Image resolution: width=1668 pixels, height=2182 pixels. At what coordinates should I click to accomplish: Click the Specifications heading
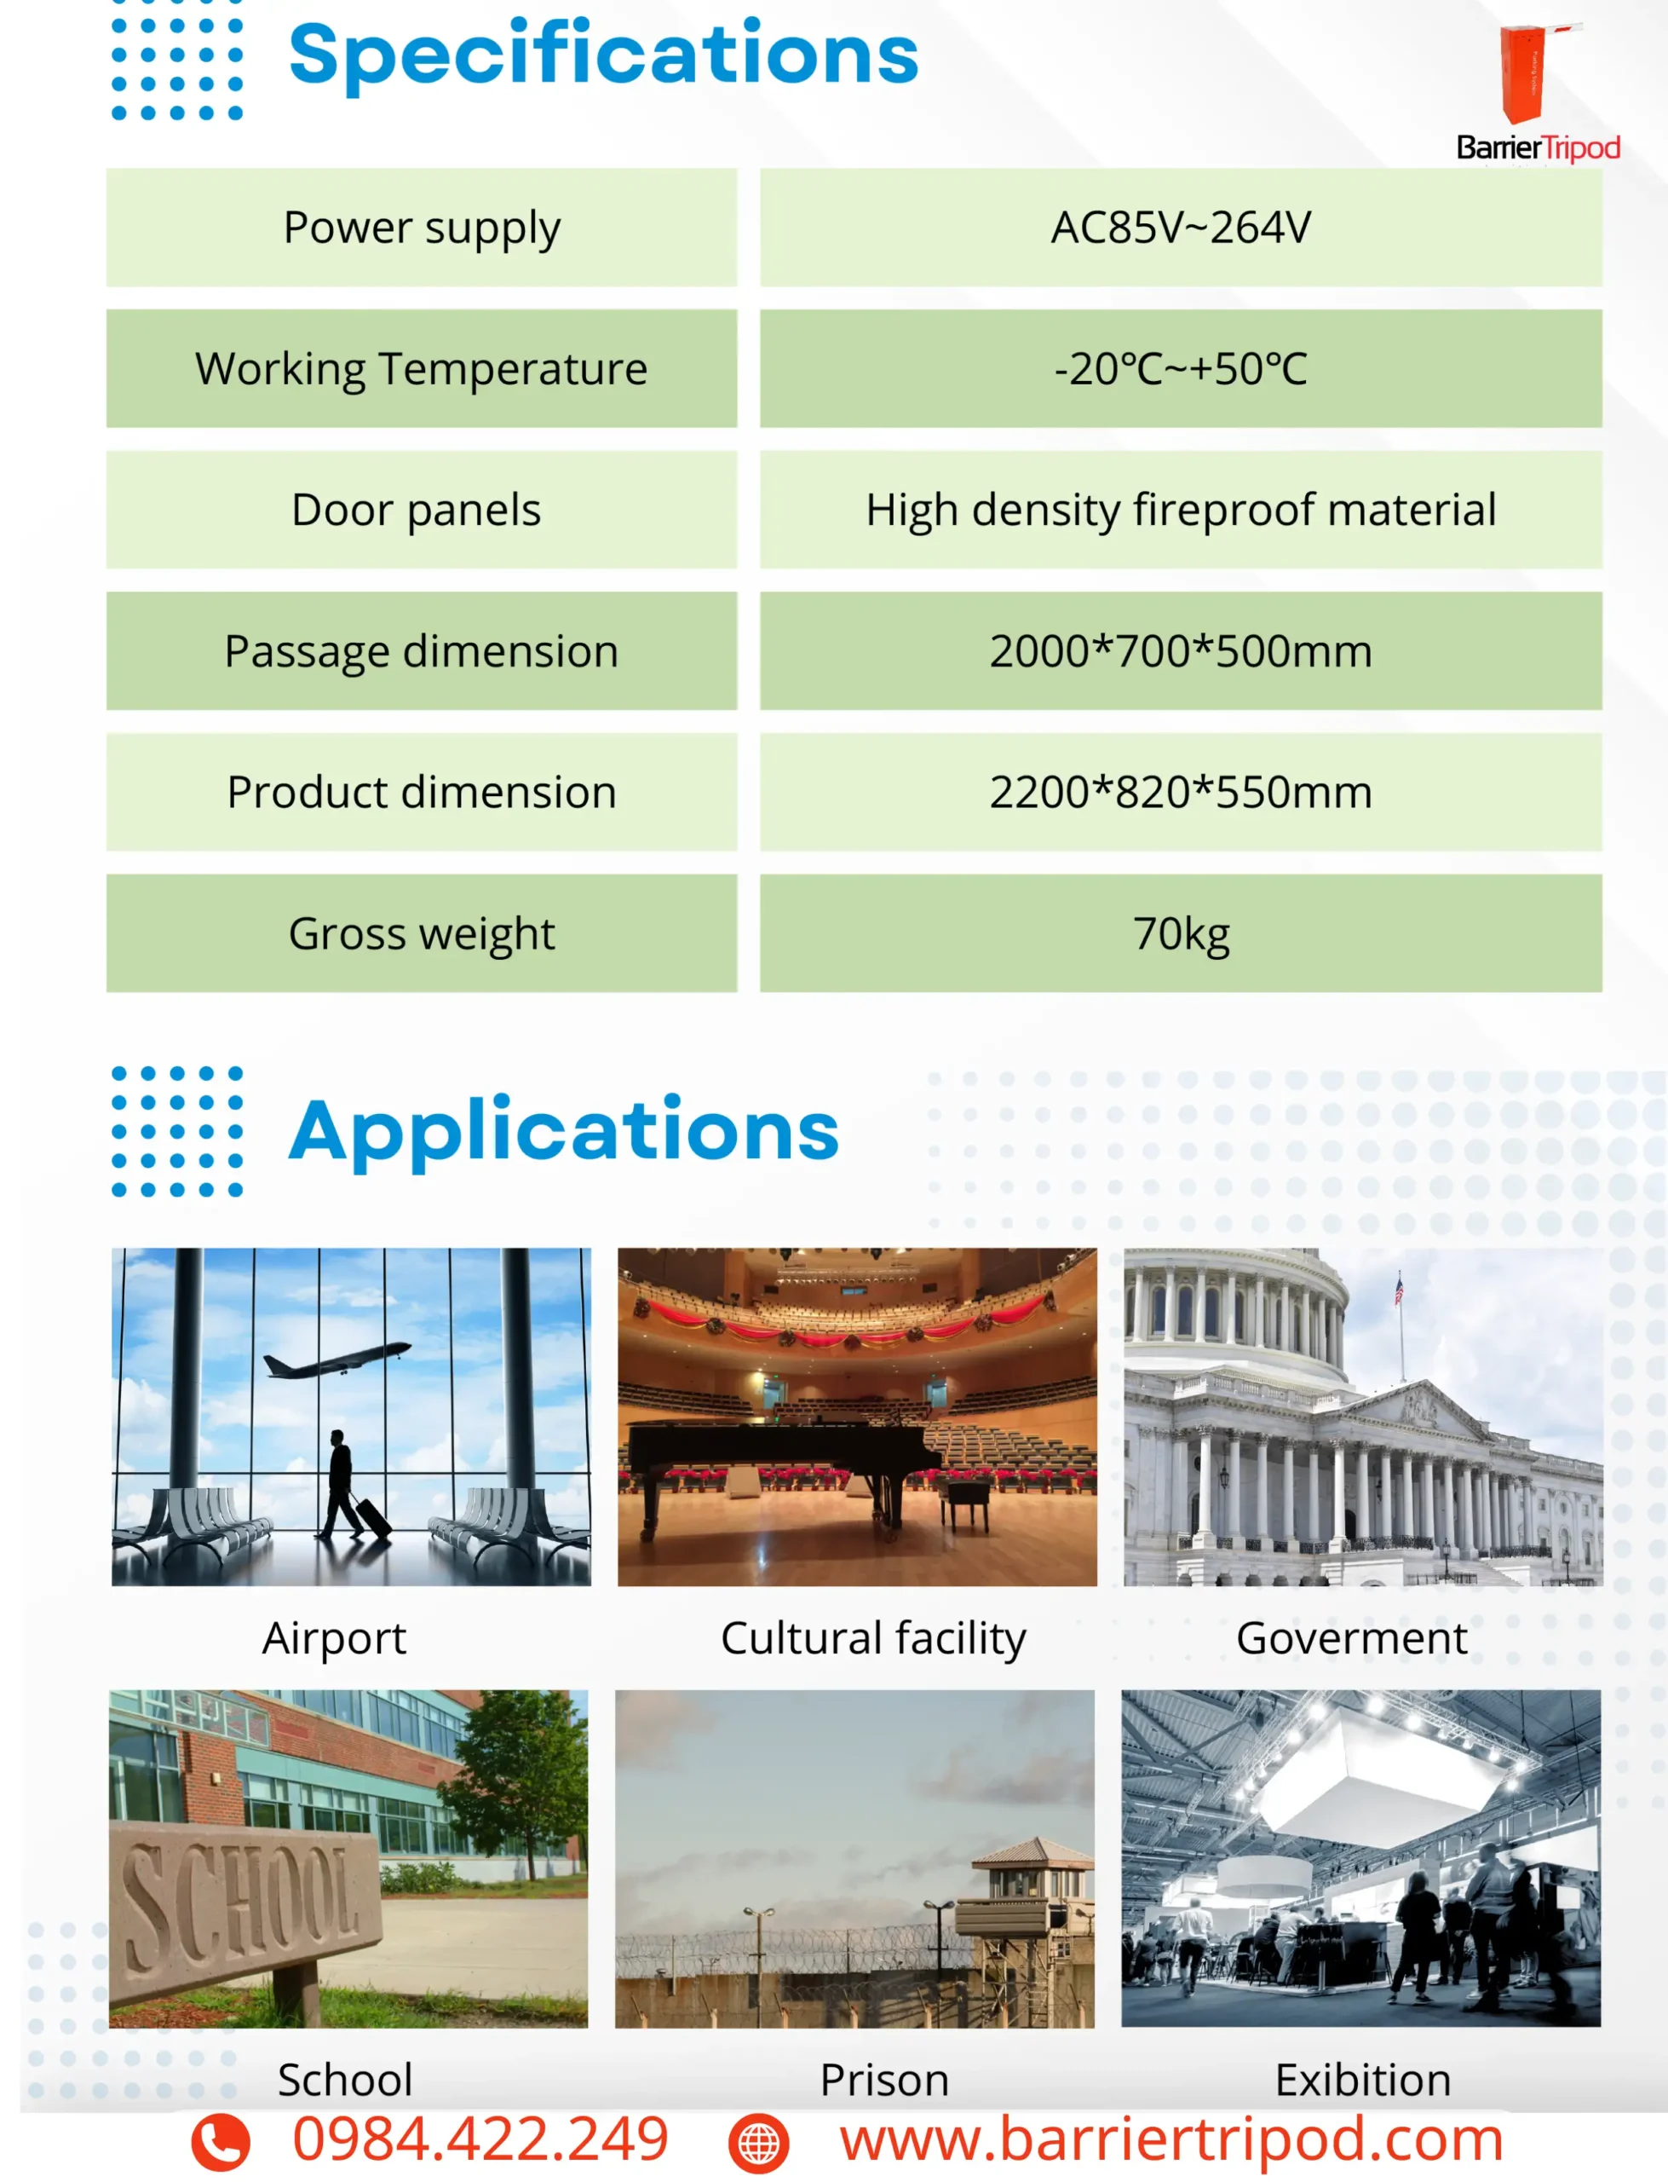(x=604, y=55)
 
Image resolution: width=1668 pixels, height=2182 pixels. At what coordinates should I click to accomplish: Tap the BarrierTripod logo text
(x=1538, y=148)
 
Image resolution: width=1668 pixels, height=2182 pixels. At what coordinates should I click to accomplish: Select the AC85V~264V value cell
(x=1181, y=228)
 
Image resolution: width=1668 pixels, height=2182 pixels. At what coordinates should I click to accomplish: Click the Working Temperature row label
(x=421, y=368)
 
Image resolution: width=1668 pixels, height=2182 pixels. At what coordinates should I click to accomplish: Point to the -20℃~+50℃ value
(x=1181, y=368)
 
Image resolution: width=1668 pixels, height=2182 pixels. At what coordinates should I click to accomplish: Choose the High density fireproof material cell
(x=1181, y=510)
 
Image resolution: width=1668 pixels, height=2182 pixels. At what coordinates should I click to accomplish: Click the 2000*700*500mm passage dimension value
(x=1181, y=651)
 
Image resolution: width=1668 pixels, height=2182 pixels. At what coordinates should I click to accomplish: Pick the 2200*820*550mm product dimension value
(x=1181, y=793)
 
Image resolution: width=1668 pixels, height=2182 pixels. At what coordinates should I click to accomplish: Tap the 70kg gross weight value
(x=1181, y=933)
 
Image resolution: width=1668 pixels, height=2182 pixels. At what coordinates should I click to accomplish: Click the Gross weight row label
(x=421, y=933)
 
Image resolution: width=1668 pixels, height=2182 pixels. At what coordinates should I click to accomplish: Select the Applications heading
(x=564, y=1130)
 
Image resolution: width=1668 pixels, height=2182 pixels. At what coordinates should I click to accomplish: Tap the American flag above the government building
(x=1399, y=1291)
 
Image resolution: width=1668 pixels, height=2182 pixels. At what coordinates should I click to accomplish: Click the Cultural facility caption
(x=872, y=1639)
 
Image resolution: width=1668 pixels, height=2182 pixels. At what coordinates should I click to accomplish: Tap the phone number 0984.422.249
(x=480, y=2138)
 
